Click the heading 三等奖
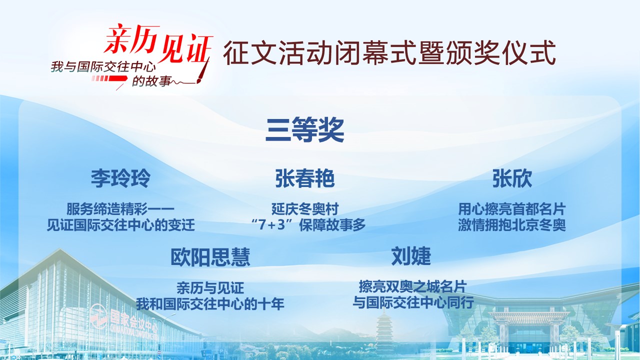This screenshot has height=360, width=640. [304, 130]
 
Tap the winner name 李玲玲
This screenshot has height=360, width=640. [120, 178]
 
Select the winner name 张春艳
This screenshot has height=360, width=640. [305, 178]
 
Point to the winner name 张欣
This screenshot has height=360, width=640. [512, 178]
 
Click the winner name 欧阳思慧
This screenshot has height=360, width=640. [210, 257]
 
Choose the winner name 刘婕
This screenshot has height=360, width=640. [411, 256]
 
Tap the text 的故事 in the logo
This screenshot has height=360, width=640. [151, 81]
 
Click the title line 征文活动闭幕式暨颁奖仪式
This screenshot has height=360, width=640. [389, 53]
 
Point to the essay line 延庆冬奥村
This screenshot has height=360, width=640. [305, 209]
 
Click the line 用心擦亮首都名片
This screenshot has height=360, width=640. [511, 209]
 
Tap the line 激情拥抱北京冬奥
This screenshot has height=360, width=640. [511, 225]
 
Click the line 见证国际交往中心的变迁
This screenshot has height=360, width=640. [120, 225]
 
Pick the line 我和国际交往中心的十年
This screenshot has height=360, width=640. [210, 303]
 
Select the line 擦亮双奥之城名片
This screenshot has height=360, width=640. [413, 286]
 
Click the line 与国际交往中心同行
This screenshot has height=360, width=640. [413, 302]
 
